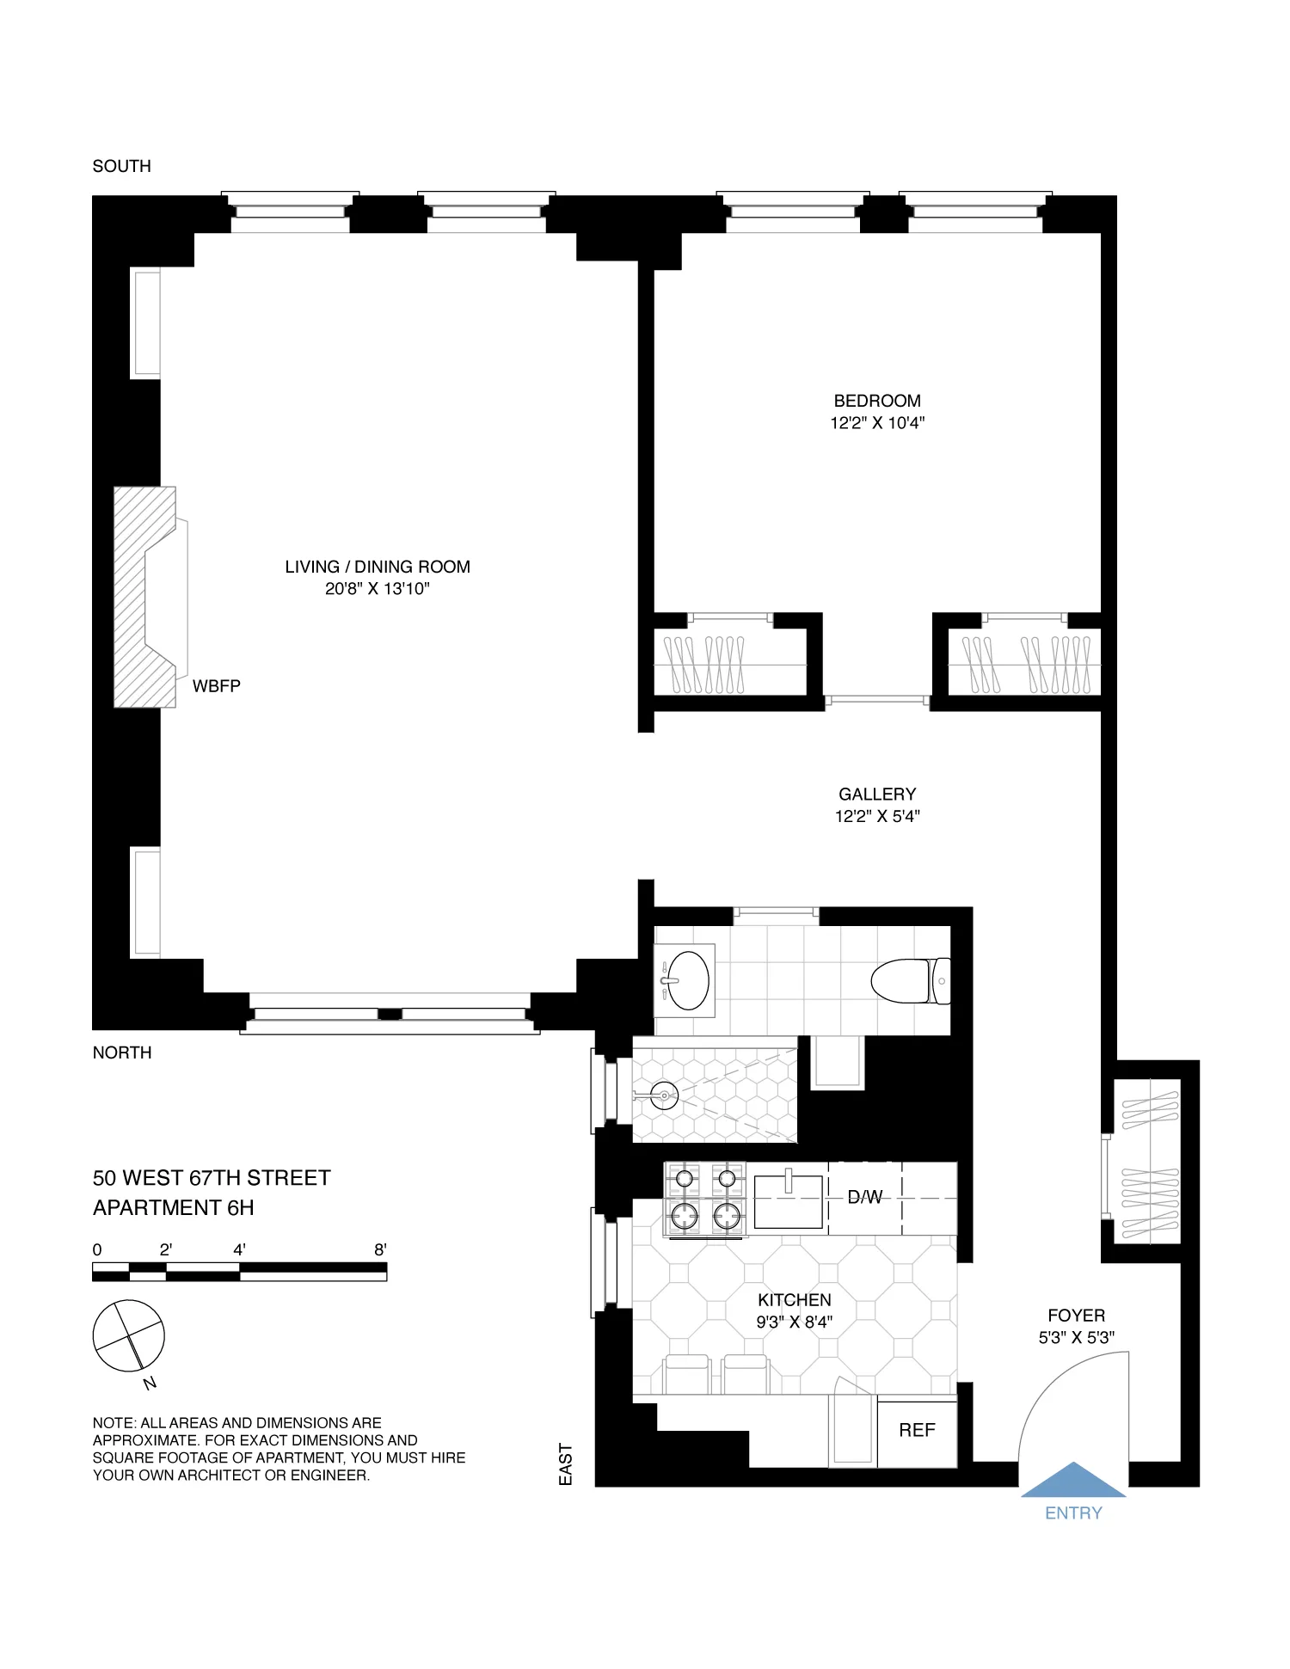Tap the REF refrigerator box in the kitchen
pyautogui.click(x=917, y=1431)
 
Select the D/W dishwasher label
pyautogui.click(x=864, y=1197)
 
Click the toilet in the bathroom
pyautogui.click(x=907, y=981)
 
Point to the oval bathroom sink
pyautogui.click(x=688, y=980)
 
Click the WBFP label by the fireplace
pyautogui.click(x=216, y=686)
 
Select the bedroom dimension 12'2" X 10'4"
pyautogui.click(x=876, y=423)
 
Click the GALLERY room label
pyautogui.click(x=876, y=794)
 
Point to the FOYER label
pyautogui.click(x=1076, y=1316)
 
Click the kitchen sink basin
pyautogui.click(x=789, y=1202)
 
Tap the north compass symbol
pyautogui.click(x=128, y=1336)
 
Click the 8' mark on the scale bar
pyautogui.click(x=380, y=1250)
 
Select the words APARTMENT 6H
pyautogui.click(x=174, y=1208)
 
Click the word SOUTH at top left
pyautogui.click(x=121, y=166)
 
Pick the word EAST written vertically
pyautogui.click(x=565, y=1464)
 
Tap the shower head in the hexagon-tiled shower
pyautogui.click(x=663, y=1095)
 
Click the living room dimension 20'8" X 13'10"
pyautogui.click(x=377, y=589)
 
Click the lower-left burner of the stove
pyautogui.click(x=685, y=1216)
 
